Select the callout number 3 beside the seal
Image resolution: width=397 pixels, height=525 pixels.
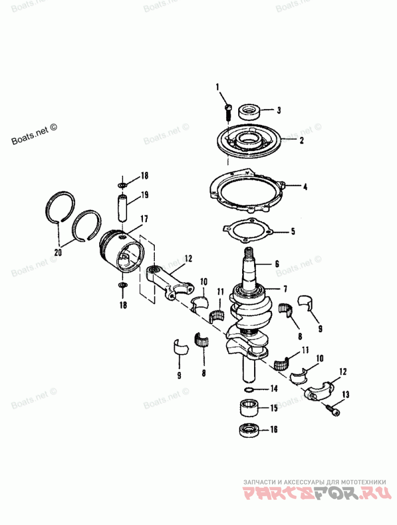[279, 110]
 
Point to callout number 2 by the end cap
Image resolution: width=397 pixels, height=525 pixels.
[301, 140]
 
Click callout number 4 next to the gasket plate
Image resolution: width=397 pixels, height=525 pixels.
[305, 187]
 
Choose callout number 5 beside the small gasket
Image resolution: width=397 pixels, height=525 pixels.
[292, 231]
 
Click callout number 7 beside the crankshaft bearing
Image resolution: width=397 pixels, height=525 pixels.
[285, 289]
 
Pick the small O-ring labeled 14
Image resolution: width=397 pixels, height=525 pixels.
[252, 389]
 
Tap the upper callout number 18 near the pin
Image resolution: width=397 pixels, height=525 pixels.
[144, 175]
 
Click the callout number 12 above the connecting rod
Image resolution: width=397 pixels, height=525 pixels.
[188, 258]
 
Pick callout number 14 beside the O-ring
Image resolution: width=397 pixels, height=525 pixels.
[273, 389]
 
